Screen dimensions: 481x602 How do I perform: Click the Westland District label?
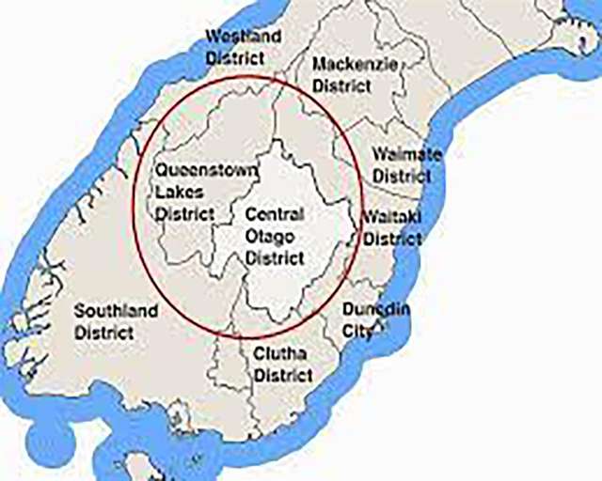click(243, 47)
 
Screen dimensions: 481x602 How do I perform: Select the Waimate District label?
click(407, 164)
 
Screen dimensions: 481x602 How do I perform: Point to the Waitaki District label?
click(392, 227)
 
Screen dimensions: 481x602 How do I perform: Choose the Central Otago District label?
click(275, 235)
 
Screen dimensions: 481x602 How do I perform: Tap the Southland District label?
click(118, 320)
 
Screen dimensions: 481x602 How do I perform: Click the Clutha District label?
click(282, 365)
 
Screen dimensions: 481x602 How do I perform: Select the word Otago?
click(268, 236)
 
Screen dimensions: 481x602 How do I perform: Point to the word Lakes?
click(178, 192)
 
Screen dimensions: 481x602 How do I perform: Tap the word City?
click(357, 332)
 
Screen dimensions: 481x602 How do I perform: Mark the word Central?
click(275, 214)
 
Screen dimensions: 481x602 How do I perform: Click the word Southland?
click(118, 310)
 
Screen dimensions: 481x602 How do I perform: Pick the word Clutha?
click(282, 354)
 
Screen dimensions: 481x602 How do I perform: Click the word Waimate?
click(407, 154)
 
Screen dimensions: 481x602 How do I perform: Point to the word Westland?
click(243, 37)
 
